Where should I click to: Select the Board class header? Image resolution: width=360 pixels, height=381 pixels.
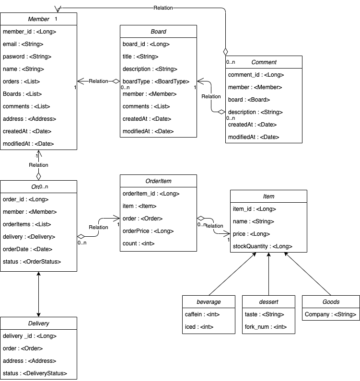pyautogui.click(x=158, y=32)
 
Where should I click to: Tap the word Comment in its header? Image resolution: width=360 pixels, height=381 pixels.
pyautogui.click(x=264, y=62)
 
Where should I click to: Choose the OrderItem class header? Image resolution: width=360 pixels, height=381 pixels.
pyautogui.click(x=158, y=181)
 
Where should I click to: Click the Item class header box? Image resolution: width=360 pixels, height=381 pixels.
pyautogui.click(x=268, y=196)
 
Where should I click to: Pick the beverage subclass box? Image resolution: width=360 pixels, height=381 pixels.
pyautogui.click(x=209, y=302)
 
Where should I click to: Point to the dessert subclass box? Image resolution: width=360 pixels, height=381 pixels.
pyautogui.click(x=268, y=302)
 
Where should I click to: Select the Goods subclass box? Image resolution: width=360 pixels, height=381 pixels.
pyautogui.click(x=331, y=302)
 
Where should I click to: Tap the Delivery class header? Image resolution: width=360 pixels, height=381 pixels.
pyautogui.click(x=38, y=323)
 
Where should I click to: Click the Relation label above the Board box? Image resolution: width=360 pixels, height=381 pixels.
pyautogui.click(x=163, y=8)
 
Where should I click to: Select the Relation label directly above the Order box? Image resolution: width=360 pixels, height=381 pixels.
pyautogui.click(x=38, y=165)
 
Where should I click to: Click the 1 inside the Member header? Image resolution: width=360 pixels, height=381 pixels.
pyautogui.click(x=56, y=19)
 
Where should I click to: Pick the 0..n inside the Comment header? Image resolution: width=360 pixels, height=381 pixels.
pyautogui.click(x=231, y=62)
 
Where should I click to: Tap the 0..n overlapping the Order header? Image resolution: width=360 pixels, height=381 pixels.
pyautogui.click(x=44, y=187)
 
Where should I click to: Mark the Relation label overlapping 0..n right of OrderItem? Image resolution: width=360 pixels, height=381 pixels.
pyautogui.click(x=214, y=226)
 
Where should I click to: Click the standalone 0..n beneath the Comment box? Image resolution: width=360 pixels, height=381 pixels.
pyautogui.click(x=231, y=118)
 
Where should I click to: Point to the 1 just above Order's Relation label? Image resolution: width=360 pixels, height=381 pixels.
pyautogui.click(x=37, y=156)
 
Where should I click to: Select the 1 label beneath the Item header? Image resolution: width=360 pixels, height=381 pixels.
pyautogui.click(x=229, y=240)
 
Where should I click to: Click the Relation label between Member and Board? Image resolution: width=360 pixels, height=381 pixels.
pyautogui.click(x=98, y=81)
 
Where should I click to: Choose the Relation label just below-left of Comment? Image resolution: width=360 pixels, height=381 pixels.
pyautogui.click(x=211, y=97)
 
